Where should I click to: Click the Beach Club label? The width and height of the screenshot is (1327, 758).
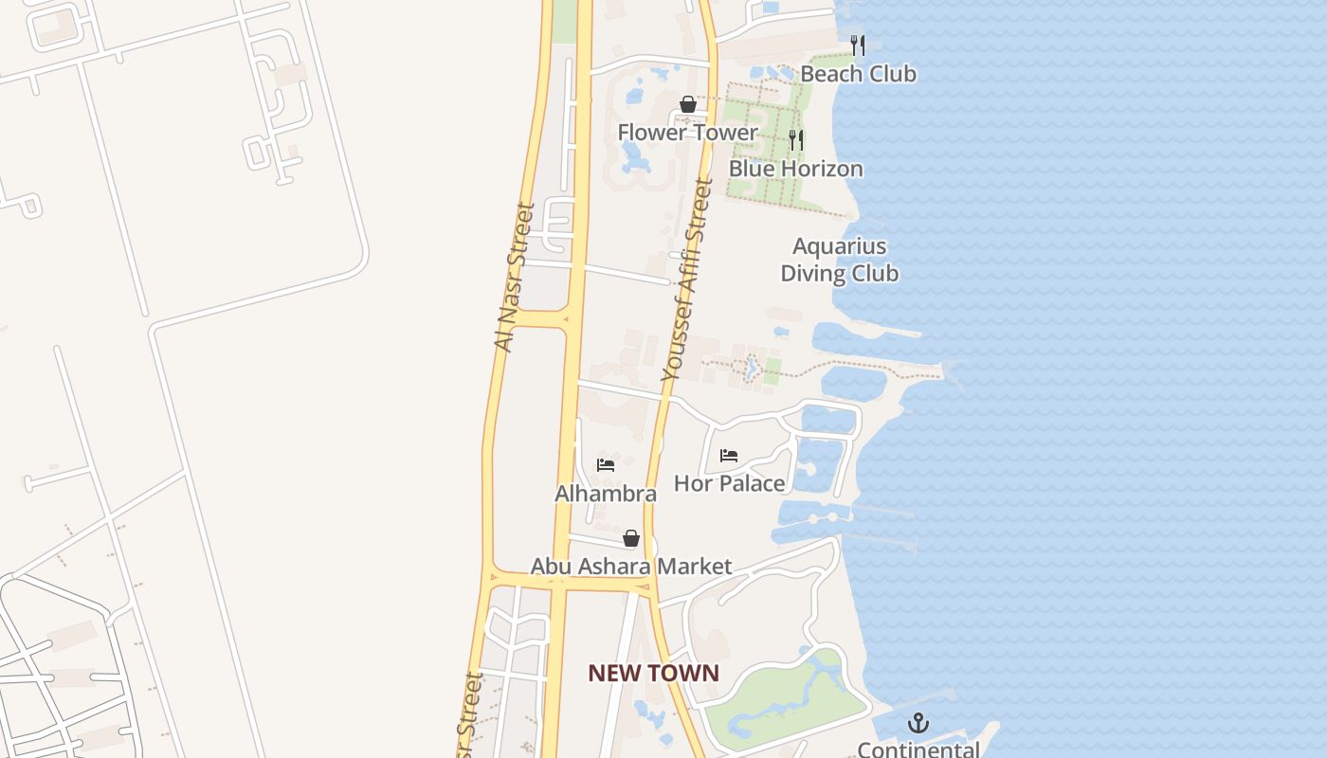(x=858, y=74)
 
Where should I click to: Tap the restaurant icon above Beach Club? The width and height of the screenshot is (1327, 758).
(x=858, y=45)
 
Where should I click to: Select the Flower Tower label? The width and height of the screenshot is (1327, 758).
(x=687, y=133)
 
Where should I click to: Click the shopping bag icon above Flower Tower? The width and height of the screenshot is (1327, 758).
(x=688, y=104)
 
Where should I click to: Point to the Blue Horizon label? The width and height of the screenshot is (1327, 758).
(x=795, y=169)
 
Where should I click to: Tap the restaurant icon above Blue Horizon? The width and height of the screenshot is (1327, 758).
(x=796, y=140)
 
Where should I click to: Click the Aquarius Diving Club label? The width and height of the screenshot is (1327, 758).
(x=839, y=260)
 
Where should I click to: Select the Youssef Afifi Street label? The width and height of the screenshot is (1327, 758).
(x=687, y=280)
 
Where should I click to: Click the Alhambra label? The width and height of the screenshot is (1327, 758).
(x=606, y=494)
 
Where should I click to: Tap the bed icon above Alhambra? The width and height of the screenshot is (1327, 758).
(x=606, y=465)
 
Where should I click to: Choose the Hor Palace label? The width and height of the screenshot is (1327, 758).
(x=729, y=483)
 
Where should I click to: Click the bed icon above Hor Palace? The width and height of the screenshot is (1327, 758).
(x=729, y=456)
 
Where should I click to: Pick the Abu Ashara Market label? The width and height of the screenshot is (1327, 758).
(x=630, y=567)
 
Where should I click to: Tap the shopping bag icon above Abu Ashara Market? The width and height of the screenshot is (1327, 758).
(x=631, y=539)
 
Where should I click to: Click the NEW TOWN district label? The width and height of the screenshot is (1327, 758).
(x=653, y=674)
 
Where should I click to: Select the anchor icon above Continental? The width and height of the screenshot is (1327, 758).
(x=918, y=724)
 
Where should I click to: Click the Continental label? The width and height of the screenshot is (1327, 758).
(x=918, y=749)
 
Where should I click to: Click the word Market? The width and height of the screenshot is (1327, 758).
(x=695, y=567)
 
